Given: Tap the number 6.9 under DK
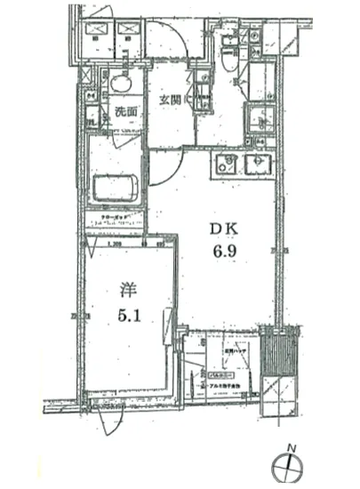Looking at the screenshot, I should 226,252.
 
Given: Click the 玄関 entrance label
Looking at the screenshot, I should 171,100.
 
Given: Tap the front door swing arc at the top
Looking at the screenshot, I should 167,40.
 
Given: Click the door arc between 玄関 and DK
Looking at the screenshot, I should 166,164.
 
